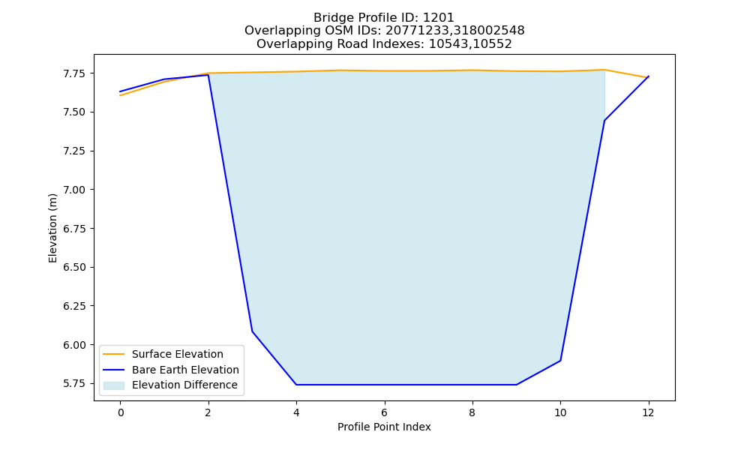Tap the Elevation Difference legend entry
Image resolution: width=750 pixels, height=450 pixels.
[x=170, y=385]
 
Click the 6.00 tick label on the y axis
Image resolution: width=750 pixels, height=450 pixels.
[x=74, y=345]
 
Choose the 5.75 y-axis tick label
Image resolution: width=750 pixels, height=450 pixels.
[x=74, y=383]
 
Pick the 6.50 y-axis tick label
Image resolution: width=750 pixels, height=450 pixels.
[x=74, y=267]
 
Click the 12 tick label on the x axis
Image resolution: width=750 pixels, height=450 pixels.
[x=648, y=412]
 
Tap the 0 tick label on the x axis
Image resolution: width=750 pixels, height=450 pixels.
[x=121, y=412]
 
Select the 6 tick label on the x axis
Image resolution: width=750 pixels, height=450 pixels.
[x=385, y=412]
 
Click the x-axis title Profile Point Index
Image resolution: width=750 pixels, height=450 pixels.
[x=384, y=427]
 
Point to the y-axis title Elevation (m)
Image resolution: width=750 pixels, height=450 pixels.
[x=52, y=228]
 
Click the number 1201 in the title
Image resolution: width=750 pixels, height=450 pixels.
[x=438, y=18]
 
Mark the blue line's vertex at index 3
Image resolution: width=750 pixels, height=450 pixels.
[x=252, y=331]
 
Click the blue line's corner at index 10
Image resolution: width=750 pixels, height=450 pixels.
[x=560, y=361]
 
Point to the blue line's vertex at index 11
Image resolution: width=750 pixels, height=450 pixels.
[x=604, y=121]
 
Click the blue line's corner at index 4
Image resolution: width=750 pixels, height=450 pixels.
[x=296, y=385]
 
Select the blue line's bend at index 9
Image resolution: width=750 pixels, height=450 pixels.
[x=516, y=385]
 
